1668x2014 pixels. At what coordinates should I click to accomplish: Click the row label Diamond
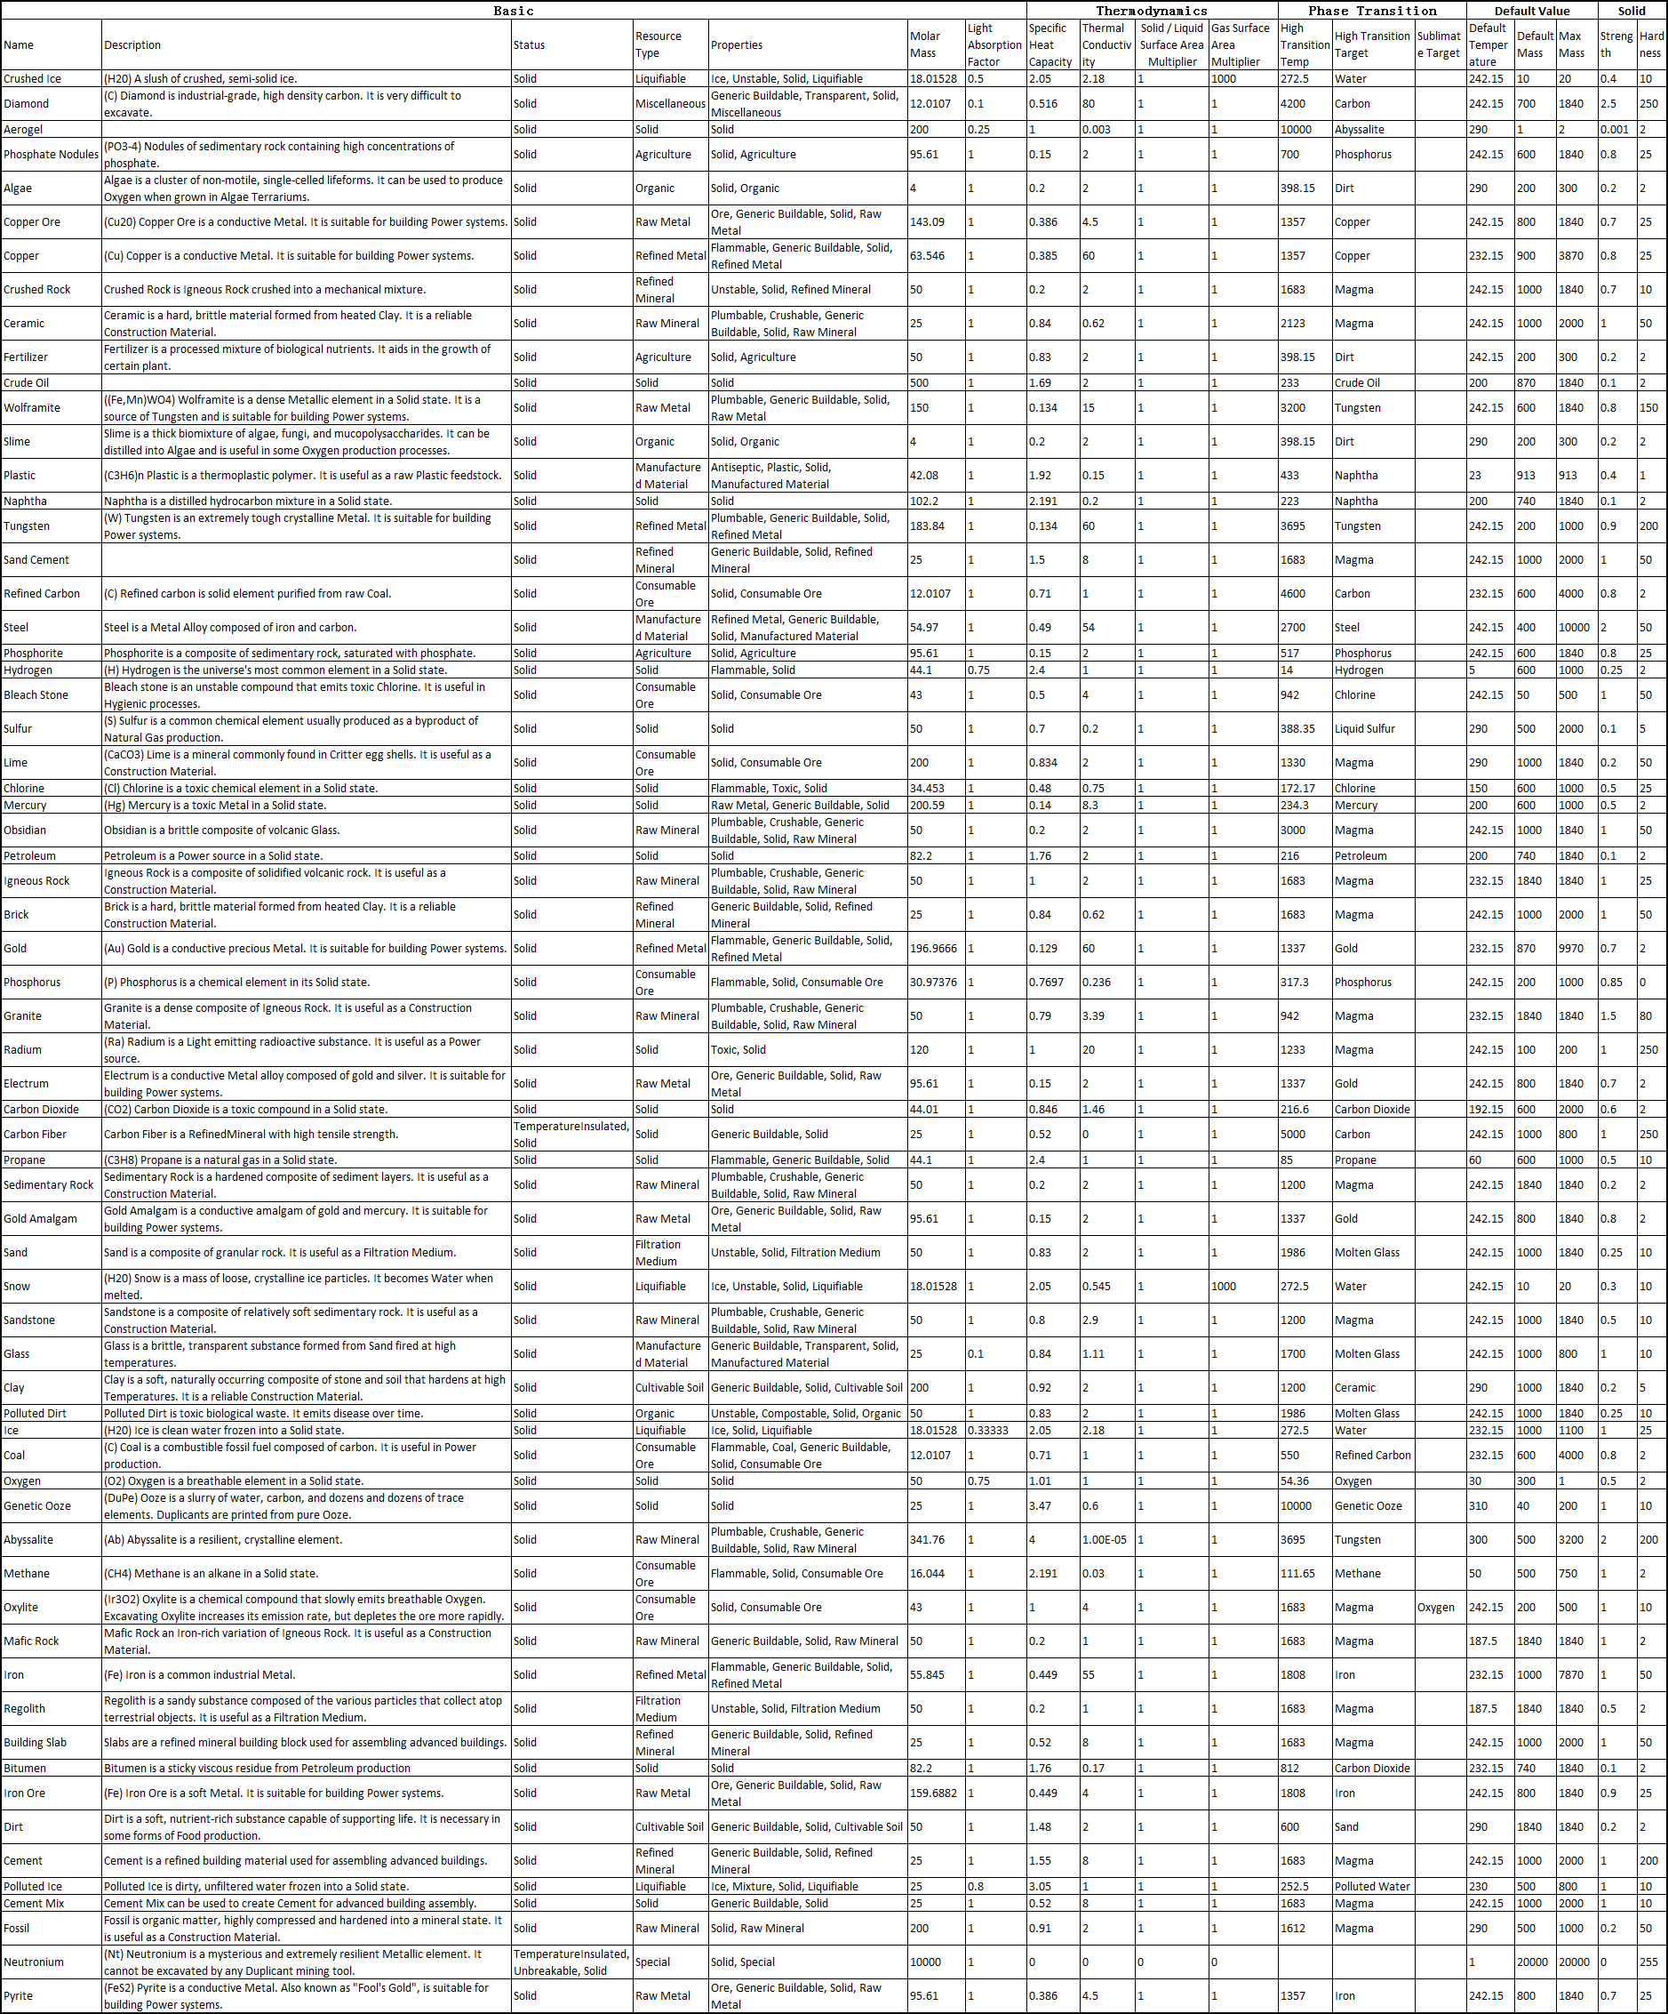pyautogui.click(x=26, y=103)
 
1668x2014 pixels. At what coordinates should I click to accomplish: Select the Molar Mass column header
pyautogui.click(x=924, y=45)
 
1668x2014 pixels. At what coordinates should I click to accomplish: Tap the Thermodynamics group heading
pyautogui.click(x=1152, y=11)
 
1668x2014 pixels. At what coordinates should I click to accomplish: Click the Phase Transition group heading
pyautogui.click(x=1372, y=11)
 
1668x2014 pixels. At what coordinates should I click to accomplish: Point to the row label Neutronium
pyautogui.click(x=34, y=1962)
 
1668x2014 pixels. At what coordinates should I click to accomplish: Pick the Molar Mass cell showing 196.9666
pyautogui.click(x=933, y=949)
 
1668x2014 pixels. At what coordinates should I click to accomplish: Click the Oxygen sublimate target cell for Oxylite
pyautogui.click(x=1435, y=1608)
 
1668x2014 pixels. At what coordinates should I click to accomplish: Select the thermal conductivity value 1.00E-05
pyautogui.click(x=1105, y=1540)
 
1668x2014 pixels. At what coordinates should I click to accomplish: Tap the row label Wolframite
pyautogui.click(x=32, y=407)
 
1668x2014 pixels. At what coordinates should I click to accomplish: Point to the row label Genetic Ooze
pyautogui.click(x=37, y=1505)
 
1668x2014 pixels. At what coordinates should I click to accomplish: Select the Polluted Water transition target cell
pyautogui.click(x=1372, y=1887)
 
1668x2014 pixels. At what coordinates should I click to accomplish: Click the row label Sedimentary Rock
pyautogui.click(x=49, y=1185)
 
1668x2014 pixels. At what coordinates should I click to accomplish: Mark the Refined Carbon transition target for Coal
pyautogui.click(x=1372, y=1455)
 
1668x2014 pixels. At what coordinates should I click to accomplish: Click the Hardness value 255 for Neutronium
pyautogui.click(x=1648, y=1962)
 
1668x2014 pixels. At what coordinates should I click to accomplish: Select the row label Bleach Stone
pyautogui.click(x=36, y=695)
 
